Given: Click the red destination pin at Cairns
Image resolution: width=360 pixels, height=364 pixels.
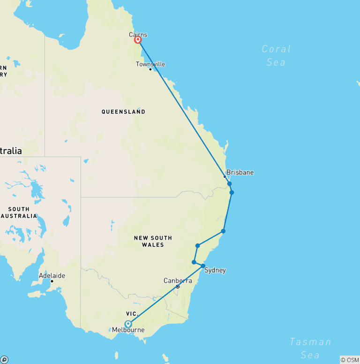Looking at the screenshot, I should tap(138, 40).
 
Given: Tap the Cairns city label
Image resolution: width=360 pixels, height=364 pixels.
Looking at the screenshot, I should tap(138, 35).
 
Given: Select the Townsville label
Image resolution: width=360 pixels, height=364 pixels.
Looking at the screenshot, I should tap(150, 64).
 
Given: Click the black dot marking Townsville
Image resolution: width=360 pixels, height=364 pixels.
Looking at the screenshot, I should tap(150, 69).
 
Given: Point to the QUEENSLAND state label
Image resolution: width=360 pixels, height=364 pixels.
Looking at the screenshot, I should tap(123, 112).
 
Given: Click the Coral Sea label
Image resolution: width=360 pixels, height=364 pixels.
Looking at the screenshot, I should tap(276, 55).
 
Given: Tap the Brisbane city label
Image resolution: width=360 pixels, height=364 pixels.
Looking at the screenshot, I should tap(240, 172).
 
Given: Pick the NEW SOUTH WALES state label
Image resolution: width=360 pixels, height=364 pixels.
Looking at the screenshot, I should tap(153, 241).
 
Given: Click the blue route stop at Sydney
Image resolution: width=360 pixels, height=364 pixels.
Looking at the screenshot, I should tap(203, 266).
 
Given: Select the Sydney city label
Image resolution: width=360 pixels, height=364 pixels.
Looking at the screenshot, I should tap(215, 270).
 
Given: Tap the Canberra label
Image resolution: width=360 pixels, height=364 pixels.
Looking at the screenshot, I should tap(178, 281).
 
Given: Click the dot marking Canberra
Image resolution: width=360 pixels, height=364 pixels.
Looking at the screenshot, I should tap(178, 287).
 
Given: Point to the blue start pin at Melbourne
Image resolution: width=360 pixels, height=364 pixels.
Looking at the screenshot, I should tap(128, 324).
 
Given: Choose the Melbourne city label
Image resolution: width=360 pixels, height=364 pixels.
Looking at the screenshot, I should tap(128, 330).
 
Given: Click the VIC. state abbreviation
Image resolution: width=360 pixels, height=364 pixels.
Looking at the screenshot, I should tap(131, 313).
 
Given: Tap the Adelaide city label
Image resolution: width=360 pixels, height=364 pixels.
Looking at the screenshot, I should tap(52, 275).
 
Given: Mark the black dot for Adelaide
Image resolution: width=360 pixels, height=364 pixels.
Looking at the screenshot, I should tap(52, 281).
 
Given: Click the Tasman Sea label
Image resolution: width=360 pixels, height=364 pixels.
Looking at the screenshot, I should tap(310, 348).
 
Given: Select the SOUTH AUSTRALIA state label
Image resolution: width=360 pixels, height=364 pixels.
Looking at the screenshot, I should tap(19, 212).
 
